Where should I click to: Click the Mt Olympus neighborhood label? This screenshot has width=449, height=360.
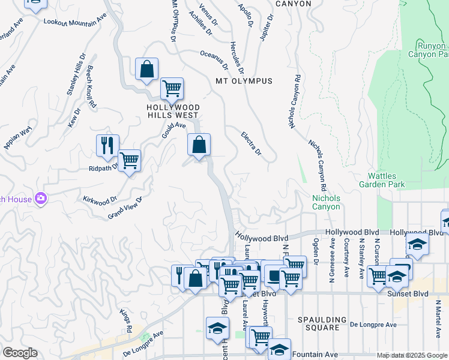pyautogui.click(x=243, y=81)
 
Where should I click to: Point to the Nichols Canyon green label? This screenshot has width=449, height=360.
pyautogui.click(x=326, y=202)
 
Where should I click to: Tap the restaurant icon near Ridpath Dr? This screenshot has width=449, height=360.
pyautogui.click(x=107, y=145)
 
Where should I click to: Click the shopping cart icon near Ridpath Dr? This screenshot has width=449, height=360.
pyautogui.click(x=129, y=160)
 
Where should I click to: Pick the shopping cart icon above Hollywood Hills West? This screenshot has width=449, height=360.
pyautogui.click(x=172, y=88)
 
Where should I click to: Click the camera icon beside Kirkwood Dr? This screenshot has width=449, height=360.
pyautogui.click(x=41, y=197)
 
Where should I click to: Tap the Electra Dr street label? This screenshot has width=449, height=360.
pyautogui.click(x=251, y=143)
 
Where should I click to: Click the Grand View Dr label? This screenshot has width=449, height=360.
pyautogui.click(x=125, y=208)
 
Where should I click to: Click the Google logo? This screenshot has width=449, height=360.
pyautogui.click(x=20, y=353)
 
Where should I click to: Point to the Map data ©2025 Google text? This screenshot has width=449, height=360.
pyautogui.click(x=412, y=355)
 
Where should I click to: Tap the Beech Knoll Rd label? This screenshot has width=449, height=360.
pyautogui.click(x=91, y=86)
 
